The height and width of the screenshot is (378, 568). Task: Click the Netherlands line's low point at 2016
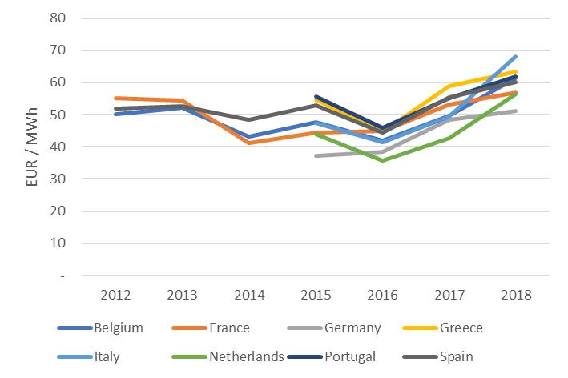point(383,160)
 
